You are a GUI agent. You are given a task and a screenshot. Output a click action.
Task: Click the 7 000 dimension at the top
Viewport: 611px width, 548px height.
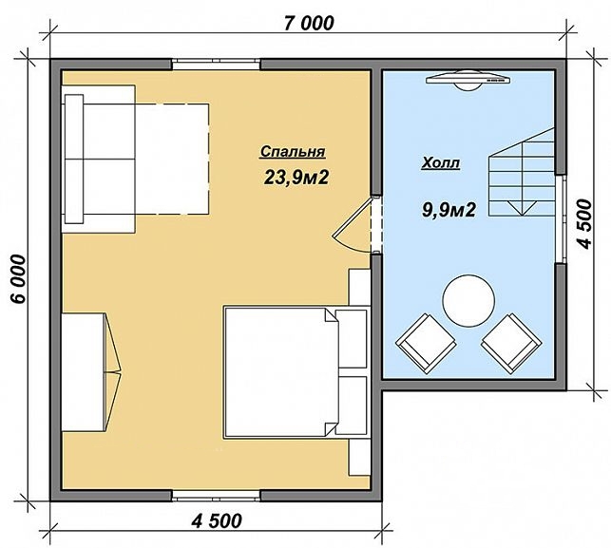[x=308, y=24]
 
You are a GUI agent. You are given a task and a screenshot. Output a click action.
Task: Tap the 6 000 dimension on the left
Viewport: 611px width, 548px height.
[x=18, y=280]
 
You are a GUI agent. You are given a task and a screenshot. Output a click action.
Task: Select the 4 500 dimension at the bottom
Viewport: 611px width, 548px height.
[x=216, y=521]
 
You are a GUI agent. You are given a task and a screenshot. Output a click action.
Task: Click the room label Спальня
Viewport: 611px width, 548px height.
[x=293, y=152]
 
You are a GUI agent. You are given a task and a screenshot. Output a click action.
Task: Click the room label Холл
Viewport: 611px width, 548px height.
[x=440, y=163]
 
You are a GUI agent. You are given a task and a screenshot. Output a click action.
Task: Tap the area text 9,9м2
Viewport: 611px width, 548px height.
[x=448, y=211]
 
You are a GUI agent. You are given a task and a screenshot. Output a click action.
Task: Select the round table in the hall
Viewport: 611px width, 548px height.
[x=469, y=301]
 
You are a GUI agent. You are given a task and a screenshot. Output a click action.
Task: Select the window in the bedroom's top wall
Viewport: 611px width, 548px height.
[x=216, y=64]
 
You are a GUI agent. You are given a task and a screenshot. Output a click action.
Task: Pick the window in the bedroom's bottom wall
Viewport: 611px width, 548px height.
[x=216, y=495]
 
